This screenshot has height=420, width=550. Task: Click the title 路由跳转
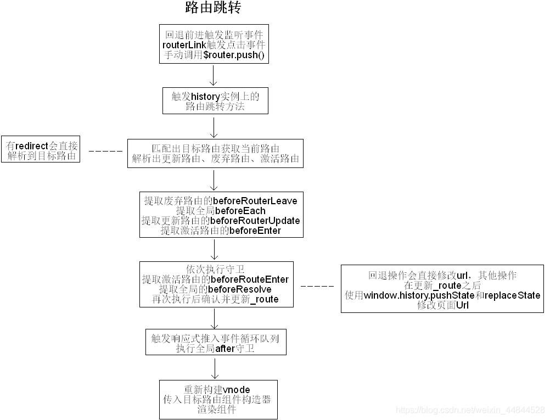[213, 8]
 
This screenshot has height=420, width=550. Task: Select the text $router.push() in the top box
[233, 55]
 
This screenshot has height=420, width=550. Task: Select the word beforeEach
[240, 211]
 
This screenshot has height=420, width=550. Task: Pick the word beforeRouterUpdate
[255, 221]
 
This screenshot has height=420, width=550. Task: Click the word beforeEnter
[255, 231]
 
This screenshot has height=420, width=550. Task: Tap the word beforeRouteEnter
[250, 279]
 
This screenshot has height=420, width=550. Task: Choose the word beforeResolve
[243, 289]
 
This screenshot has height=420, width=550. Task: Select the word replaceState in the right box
[513, 295]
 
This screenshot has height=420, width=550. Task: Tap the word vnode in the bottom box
[237, 390]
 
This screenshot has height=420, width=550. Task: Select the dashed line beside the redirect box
[105, 150]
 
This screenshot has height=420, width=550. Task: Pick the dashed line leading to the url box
[317, 287]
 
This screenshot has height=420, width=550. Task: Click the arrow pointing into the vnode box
[214, 367]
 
